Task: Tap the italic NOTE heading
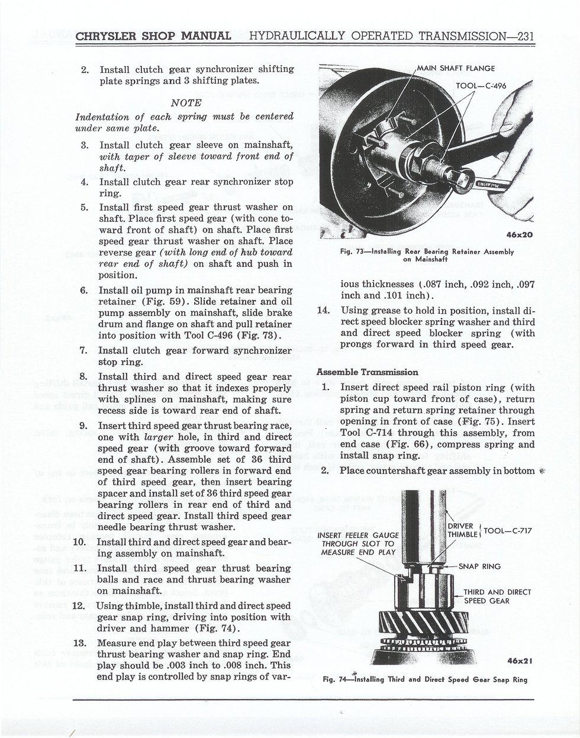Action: point(186,102)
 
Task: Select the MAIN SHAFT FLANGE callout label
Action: point(456,68)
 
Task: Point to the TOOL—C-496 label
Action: point(481,86)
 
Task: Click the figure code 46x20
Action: point(520,235)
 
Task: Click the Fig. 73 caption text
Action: point(427,256)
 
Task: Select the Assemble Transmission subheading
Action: point(367,372)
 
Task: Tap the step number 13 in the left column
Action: point(79,643)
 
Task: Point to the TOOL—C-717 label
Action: point(508,531)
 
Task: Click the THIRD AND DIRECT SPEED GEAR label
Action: point(497,597)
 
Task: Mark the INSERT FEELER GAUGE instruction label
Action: point(358,544)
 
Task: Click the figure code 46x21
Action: point(520,660)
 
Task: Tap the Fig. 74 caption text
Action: point(426,679)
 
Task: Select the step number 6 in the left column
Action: point(83,291)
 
